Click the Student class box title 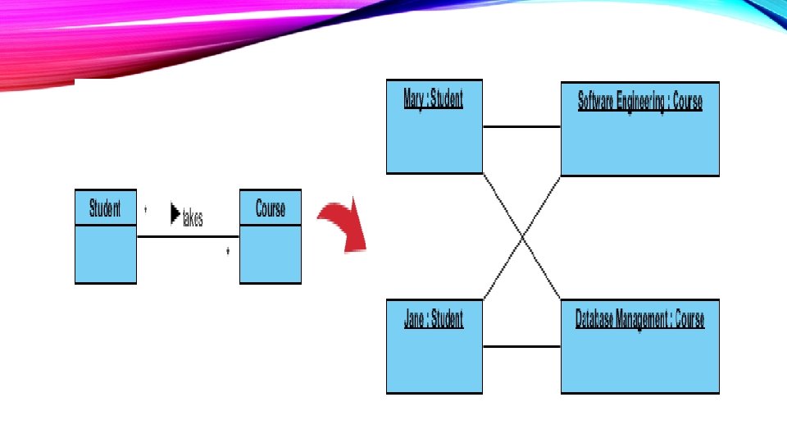coord(105,208)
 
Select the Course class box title coord(271,208)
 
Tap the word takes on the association coord(193,219)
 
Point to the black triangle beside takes coord(175,214)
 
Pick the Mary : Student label coord(434,100)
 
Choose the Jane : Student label coord(434,318)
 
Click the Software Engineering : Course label coord(639,102)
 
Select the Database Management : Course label coord(639,319)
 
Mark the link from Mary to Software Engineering coord(521,127)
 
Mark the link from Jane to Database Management coord(521,346)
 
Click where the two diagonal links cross coord(522,237)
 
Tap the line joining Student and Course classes coord(188,236)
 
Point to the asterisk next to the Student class coord(145,210)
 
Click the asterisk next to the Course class coord(228,252)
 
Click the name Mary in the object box coord(414,100)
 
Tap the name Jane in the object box coord(414,318)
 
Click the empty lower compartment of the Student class coord(105,254)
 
